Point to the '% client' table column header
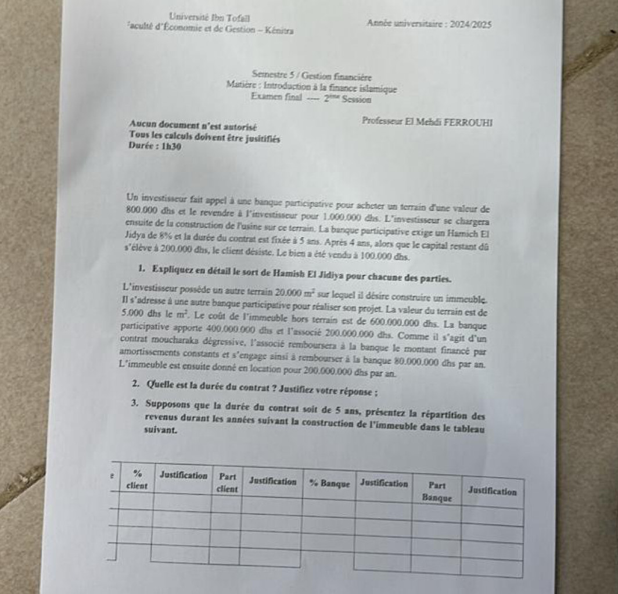tap(136, 478)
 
